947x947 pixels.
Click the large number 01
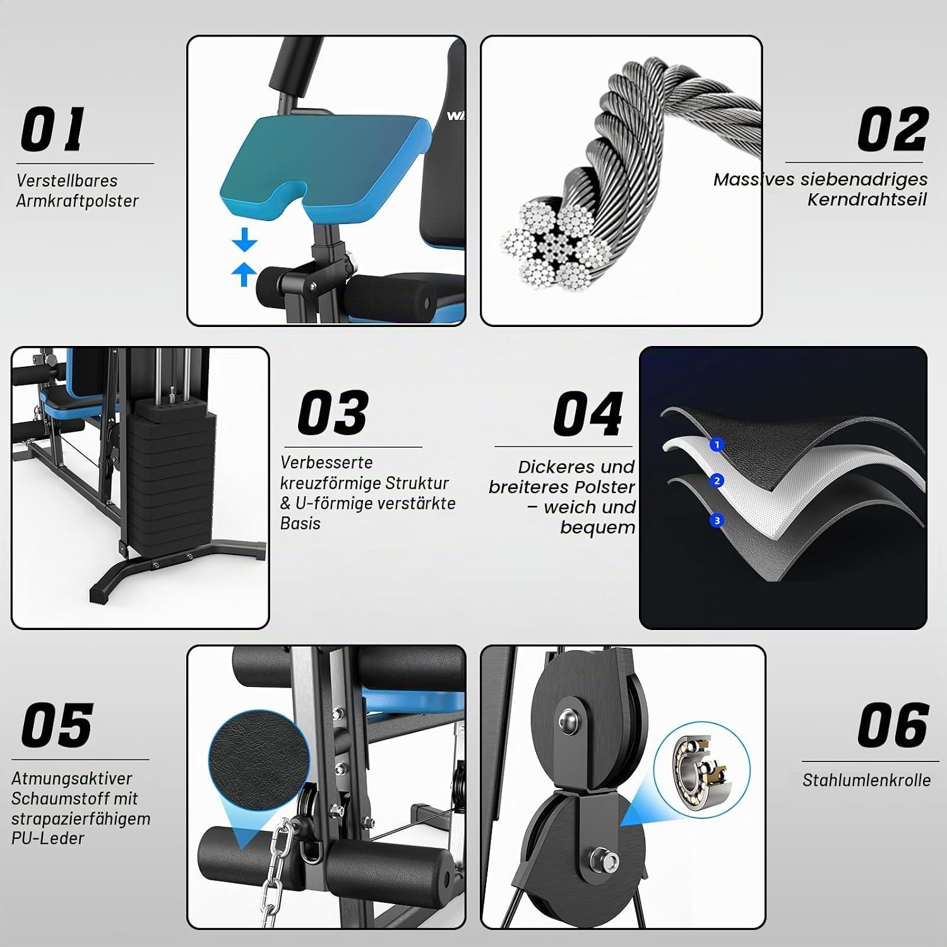pyautogui.click(x=53, y=129)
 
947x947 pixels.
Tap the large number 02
pyautogui.click(x=893, y=129)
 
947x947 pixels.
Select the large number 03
pyautogui.click(x=333, y=413)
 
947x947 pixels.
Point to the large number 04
pyautogui.click(x=588, y=414)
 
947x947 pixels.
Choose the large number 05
pyautogui.click(x=57, y=725)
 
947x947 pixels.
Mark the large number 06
pyautogui.click(x=893, y=725)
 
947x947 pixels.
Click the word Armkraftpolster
pyautogui.click(x=77, y=201)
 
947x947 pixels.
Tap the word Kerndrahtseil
pyautogui.click(x=867, y=200)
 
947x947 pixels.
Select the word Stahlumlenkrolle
pyautogui.click(x=866, y=780)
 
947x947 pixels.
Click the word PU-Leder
pyautogui.click(x=47, y=838)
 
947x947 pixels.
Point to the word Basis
pyautogui.click(x=301, y=523)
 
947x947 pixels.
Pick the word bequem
pyautogui.click(x=597, y=528)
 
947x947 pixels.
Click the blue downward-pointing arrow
pyautogui.click(x=244, y=241)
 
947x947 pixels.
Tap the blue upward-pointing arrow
pyautogui.click(x=244, y=274)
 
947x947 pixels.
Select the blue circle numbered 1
pyautogui.click(x=716, y=445)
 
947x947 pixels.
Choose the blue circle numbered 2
pyautogui.click(x=717, y=481)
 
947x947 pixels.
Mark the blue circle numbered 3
pyautogui.click(x=717, y=521)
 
